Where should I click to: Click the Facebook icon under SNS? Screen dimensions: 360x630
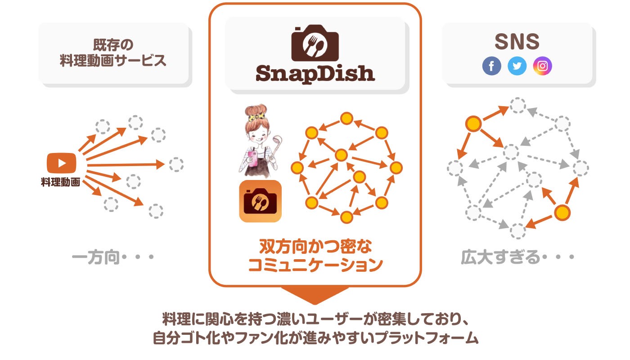[491, 66]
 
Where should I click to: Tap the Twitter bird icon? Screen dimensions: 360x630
[517, 66]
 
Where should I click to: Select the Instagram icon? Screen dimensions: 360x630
[542, 66]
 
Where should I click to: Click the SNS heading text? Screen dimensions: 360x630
[517, 42]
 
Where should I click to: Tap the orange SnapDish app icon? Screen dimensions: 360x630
[260, 201]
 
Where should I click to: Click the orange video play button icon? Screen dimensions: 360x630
[61, 163]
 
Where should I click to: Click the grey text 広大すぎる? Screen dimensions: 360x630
[500, 258]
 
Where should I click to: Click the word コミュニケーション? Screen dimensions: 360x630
[315, 265]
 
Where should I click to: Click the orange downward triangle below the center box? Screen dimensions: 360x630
[315, 295]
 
